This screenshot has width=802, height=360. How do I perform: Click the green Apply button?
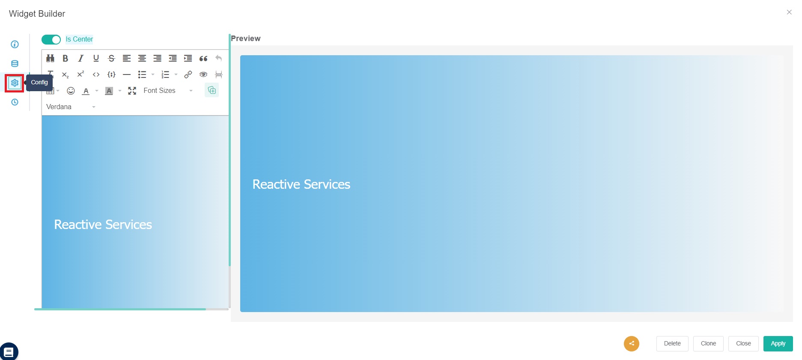click(778, 343)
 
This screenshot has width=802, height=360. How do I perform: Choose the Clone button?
click(708, 343)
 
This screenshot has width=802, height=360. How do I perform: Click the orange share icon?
click(631, 343)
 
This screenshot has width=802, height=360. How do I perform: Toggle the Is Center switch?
click(51, 39)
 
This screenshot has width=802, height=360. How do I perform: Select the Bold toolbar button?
click(66, 58)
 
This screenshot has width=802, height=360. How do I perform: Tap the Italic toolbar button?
click(80, 58)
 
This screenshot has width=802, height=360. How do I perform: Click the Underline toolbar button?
click(96, 58)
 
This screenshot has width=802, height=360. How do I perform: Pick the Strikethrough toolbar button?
click(111, 58)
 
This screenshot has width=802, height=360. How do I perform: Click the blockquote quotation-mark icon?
click(203, 58)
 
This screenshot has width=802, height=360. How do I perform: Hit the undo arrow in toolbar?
click(218, 58)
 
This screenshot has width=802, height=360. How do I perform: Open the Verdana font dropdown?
click(71, 107)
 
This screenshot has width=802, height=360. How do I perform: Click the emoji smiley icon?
click(71, 91)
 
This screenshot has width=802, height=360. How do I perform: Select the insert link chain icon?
click(188, 74)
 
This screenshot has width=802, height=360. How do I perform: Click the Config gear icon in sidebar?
click(15, 83)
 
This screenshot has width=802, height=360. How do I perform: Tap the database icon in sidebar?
click(15, 64)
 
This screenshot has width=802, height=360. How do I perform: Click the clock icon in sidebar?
click(15, 102)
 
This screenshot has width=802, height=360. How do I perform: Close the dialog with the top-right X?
click(789, 12)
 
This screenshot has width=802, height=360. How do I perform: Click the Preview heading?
click(245, 39)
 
